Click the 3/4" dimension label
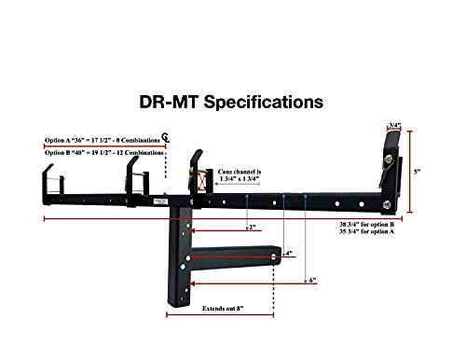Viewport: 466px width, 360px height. [395, 124]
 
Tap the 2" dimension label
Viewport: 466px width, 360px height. [253, 228]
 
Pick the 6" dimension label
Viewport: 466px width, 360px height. [313, 280]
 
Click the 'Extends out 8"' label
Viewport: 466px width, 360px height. [226, 307]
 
